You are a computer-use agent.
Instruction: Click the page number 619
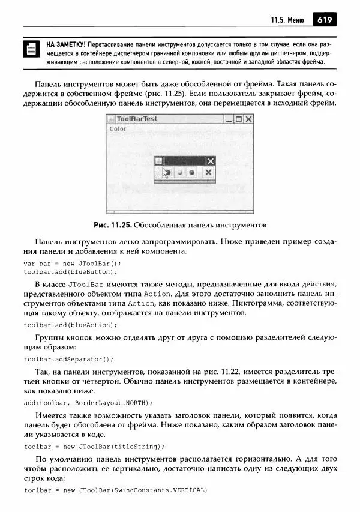[x=325, y=20]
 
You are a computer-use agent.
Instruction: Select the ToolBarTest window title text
[x=137, y=119]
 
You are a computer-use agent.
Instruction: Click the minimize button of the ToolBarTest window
[x=229, y=119]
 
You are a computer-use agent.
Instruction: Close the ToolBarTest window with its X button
[x=248, y=119]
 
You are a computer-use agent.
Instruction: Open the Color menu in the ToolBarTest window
[x=118, y=129]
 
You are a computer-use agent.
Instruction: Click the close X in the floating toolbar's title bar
[x=210, y=161]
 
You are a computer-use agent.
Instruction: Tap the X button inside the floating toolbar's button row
[x=208, y=172]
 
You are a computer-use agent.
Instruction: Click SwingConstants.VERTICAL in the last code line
[x=161, y=490]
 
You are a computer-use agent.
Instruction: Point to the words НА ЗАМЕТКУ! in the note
[x=66, y=44]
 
